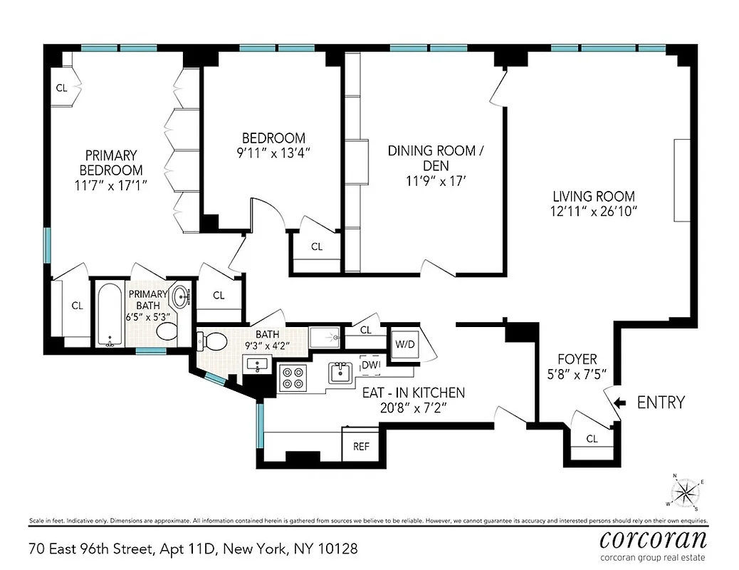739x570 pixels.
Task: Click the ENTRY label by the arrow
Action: (x=660, y=403)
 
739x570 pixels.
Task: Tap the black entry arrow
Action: (x=619, y=403)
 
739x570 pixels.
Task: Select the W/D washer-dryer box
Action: (x=404, y=344)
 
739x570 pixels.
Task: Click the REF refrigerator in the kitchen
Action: (x=362, y=447)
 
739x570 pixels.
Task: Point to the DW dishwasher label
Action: (x=370, y=365)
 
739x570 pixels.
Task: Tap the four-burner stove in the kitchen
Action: (x=292, y=376)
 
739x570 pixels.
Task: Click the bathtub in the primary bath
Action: (x=110, y=315)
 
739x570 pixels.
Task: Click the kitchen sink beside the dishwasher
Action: (x=341, y=372)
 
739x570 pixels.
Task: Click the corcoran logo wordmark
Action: (x=653, y=538)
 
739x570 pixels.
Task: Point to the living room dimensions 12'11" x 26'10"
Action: (x=594, y=211)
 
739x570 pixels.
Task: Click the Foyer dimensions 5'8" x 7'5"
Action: (x=577, y=374)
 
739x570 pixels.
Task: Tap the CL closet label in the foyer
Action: (x=592, y=439)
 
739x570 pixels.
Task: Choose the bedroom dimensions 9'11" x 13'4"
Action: (x=273, y=152)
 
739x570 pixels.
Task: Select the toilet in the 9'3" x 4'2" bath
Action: (x=211, y=341)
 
